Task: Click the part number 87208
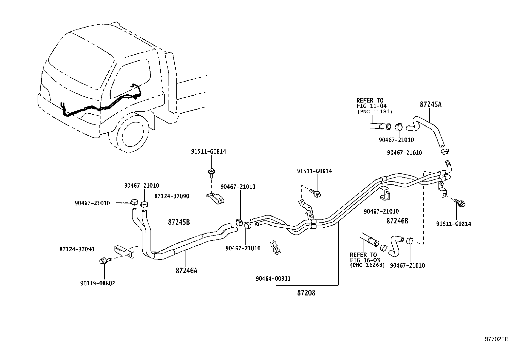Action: pos(306,293)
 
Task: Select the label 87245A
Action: pos(430,104)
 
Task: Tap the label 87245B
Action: pos(179,222)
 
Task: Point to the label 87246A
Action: pos(187,271)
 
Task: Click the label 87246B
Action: pos(397,221)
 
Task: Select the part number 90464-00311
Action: pos(273,279)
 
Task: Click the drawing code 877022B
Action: pos(496,339)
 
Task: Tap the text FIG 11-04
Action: pos(371,106)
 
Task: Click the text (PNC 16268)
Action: pos(367,265)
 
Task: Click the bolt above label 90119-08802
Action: pos(104,261)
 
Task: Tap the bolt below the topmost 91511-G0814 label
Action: pos(211,171)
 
